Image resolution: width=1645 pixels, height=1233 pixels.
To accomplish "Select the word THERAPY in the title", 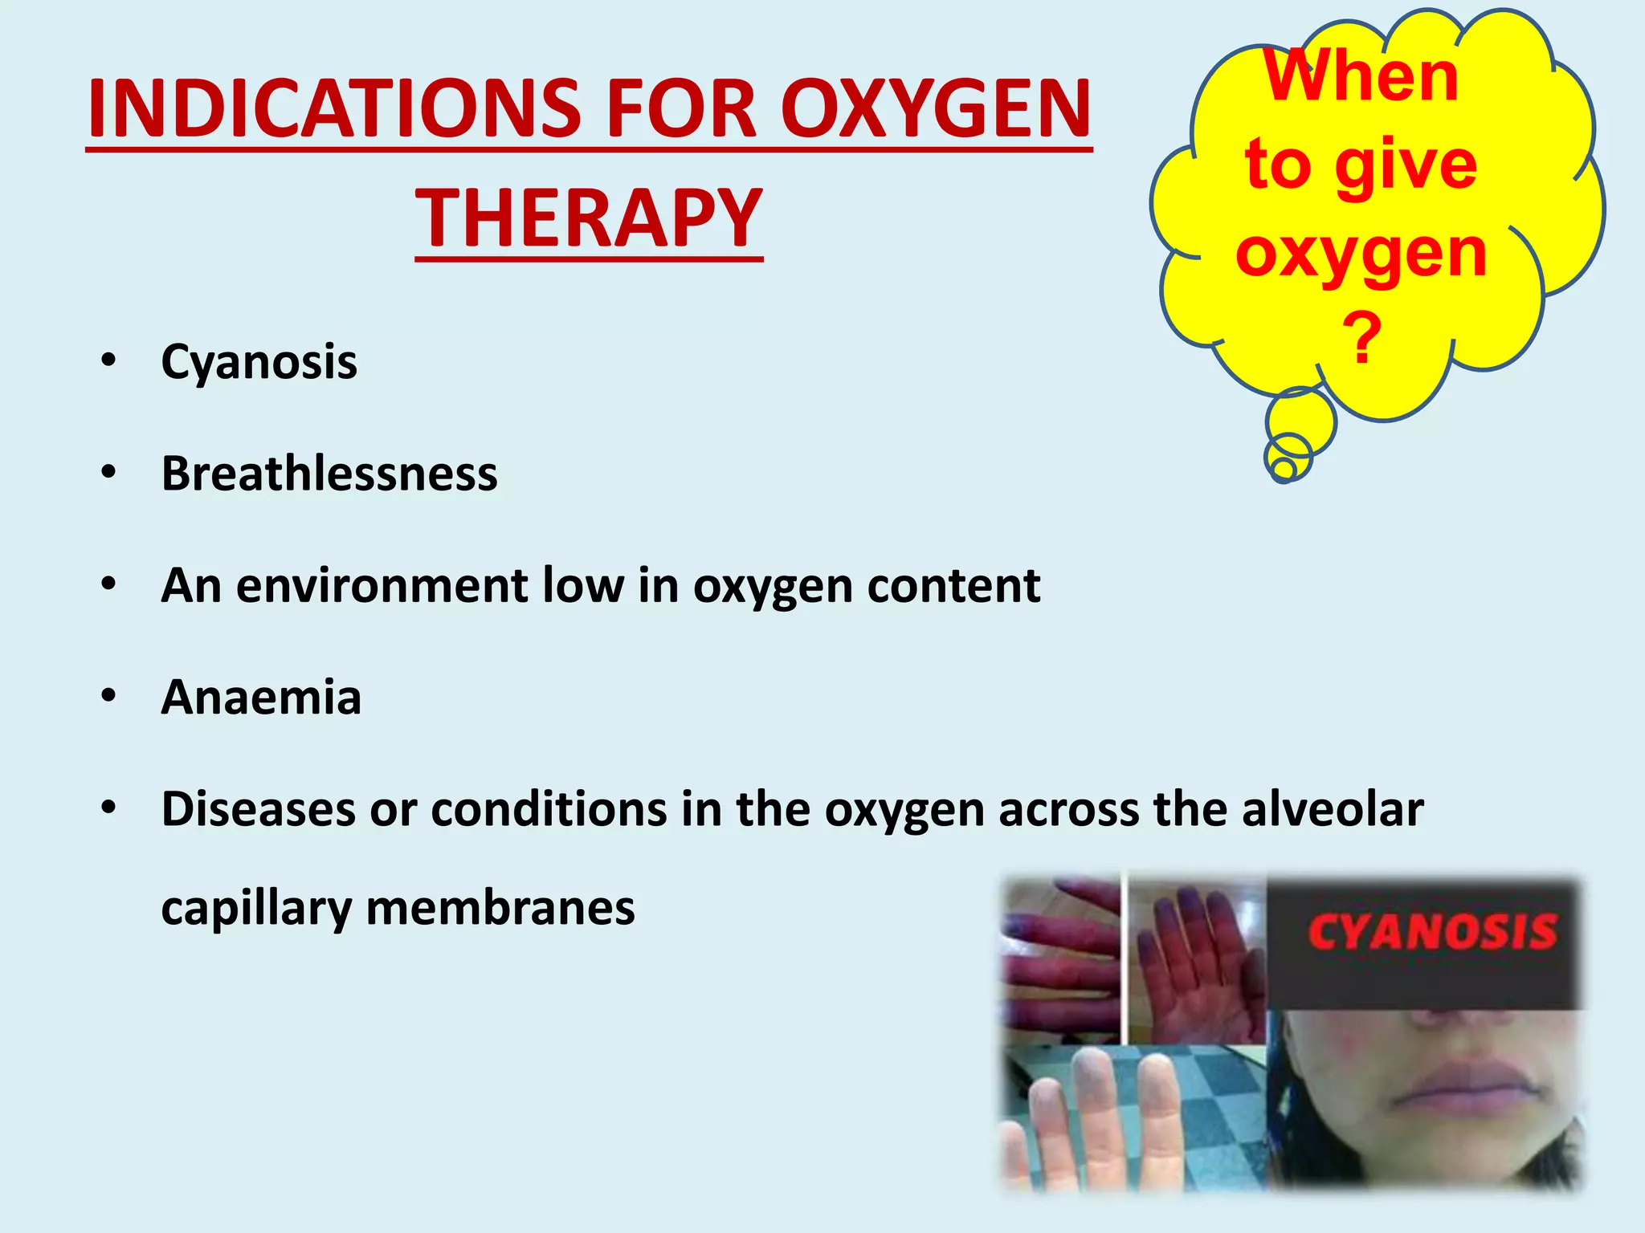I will pos(589,218).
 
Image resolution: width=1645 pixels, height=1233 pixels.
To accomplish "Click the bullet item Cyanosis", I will pos(259,362).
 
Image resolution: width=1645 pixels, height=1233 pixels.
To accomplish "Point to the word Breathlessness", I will pos(329,474).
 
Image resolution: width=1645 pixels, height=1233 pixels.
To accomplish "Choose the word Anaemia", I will pos(261,697).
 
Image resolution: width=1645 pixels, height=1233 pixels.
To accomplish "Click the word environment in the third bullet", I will pos(382,585).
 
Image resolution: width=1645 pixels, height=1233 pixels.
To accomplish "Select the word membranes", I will pos(500,908).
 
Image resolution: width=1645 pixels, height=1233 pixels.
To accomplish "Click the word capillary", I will pos(256,909).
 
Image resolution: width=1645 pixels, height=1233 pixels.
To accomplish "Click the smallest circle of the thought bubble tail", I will pos(1284,468).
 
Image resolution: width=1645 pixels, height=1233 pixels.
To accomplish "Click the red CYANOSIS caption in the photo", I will pos(1432,933).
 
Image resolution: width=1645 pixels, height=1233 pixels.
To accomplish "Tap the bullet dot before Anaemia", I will pos(109,695).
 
